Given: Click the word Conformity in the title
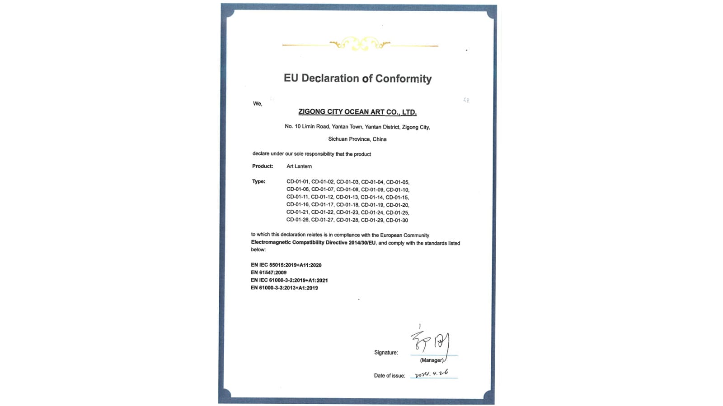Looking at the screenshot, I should (x=403, y=79).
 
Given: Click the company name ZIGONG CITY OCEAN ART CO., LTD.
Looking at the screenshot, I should (x=357, y=112).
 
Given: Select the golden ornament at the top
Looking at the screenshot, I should (x=360, y=44).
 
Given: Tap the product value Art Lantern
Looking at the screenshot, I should (x=299, y=166).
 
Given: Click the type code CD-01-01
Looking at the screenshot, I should (x=297, y=182).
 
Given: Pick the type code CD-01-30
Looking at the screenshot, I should (x=397, y=220).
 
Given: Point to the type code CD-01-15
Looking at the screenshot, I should (x=397, y=197).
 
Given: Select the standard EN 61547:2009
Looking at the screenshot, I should (x=269, y=272).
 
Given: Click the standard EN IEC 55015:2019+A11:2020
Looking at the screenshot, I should (x=286, y=265).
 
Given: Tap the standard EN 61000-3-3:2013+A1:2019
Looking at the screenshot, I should (x=284, y=288).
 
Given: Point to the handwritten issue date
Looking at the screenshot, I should (x=432, y=374).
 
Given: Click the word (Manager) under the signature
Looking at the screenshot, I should (x=432, y=360).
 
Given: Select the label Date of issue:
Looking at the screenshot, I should (x=389, y=375).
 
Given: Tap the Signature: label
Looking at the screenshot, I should (x=386, y=352).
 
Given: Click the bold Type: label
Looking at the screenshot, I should (x=258, y=181).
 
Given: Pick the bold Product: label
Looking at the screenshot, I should (x=263, y=166).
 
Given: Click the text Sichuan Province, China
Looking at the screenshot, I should (x=357, y=139).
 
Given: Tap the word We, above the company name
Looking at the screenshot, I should (x=258, y=104).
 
